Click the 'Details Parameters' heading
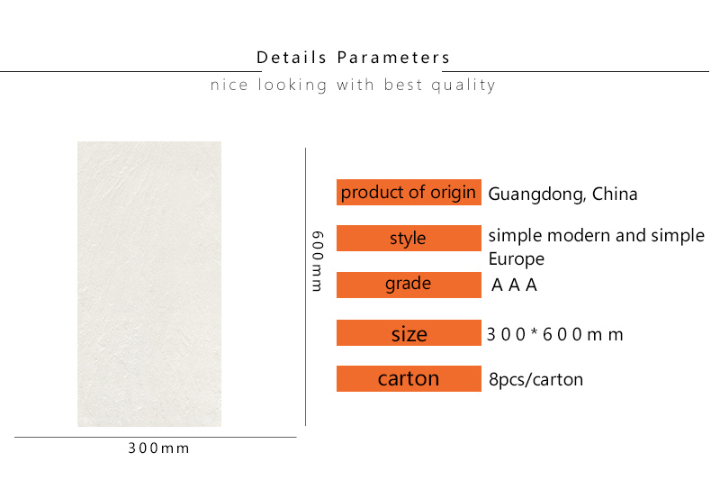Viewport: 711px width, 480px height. tap(353, 58)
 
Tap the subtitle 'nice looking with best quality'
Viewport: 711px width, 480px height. tap(353, 85)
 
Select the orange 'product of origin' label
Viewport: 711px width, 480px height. tap(409, 193)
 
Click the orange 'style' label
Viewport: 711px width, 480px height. tap(409, 238)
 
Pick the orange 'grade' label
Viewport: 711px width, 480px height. tap(409, 285)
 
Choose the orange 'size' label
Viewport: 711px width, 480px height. tap(409, 333)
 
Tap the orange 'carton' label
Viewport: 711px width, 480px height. tap(409, 379)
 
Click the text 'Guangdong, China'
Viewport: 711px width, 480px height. tap(562, 195)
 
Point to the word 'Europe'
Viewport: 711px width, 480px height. tap(517, 259)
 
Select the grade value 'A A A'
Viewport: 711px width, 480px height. tap(514, 285)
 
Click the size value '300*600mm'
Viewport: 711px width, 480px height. tap(555, 335)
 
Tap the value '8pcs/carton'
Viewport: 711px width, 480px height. tap(536, 379)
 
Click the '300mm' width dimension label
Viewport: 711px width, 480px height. tap(158, 448)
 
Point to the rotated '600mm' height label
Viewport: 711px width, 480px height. tap(318, 261)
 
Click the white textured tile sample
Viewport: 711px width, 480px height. tap(149, 284)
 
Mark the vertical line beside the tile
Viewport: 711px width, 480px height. tap(306, 286)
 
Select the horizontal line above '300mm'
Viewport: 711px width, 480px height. tap(156, 438)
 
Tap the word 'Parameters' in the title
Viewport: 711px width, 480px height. tap(393, 58)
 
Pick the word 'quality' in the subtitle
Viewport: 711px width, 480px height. tap(463, 86)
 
